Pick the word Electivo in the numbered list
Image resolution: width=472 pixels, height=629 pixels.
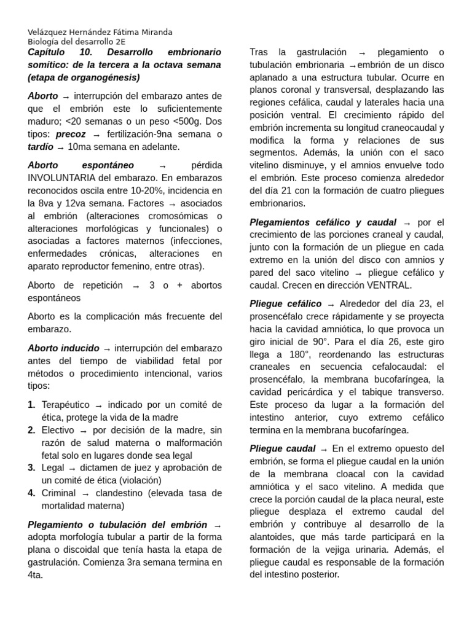58,430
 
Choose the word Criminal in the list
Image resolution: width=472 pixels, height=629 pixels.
58,493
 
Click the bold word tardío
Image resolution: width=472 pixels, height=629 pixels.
40,147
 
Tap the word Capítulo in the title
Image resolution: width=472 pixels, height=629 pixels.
47,52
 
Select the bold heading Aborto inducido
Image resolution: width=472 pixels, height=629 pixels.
63,348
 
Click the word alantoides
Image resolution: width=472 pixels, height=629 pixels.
272,537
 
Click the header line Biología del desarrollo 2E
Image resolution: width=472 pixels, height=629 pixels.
76,42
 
